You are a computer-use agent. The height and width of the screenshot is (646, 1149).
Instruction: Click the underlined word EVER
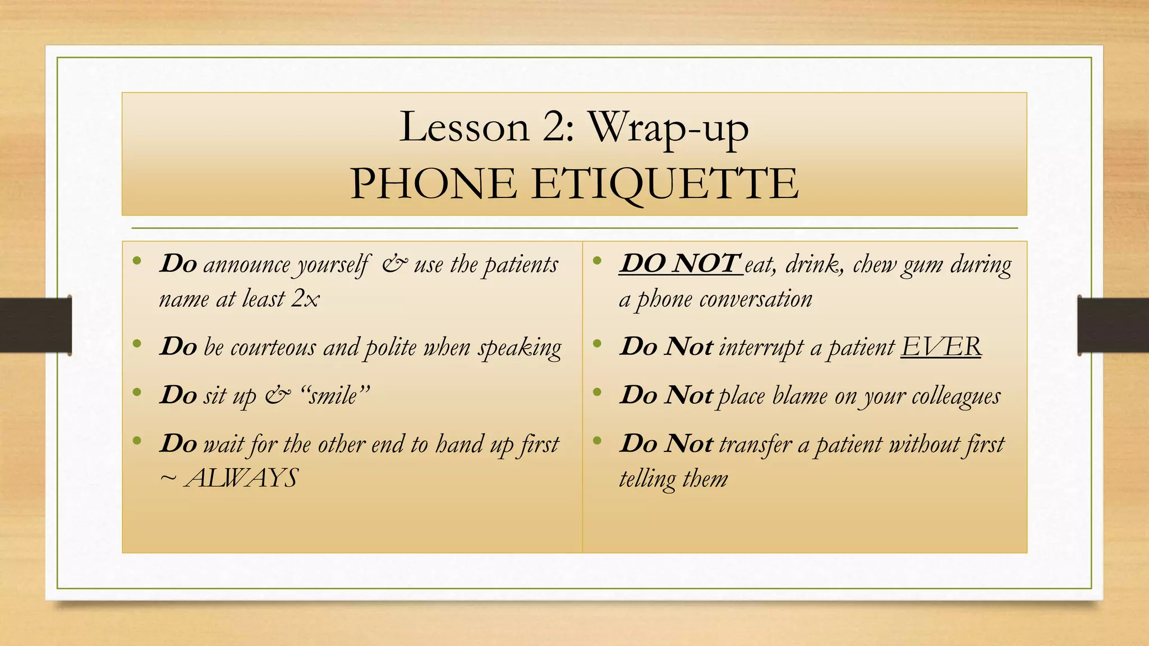tap(941, 347)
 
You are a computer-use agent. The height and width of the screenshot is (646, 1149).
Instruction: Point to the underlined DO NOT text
tap(680, 264)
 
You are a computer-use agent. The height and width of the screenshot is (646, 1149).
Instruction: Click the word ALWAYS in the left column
tap(241, 478)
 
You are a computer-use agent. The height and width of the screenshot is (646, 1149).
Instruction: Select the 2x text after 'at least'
tap(305, 299)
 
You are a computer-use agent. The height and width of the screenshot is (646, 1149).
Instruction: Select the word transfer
tap(755, 444)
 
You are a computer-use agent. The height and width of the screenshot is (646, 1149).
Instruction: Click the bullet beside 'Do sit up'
tap(137, 392)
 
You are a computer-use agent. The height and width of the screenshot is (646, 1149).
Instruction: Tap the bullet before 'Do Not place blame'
tap(597, 392)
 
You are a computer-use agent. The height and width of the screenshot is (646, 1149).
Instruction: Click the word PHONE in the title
tap(433, 183)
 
